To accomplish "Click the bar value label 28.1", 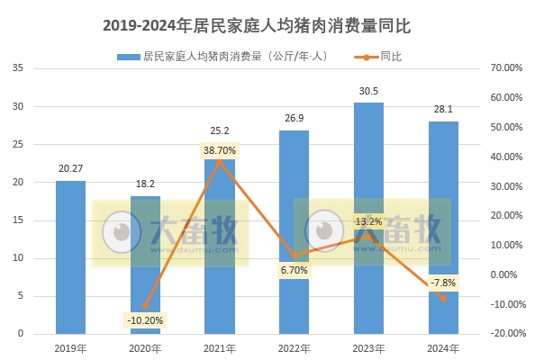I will [443, 110].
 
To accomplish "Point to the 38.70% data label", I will [220, 150].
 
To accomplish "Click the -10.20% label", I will [145, 319].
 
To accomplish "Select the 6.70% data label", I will [294, 270].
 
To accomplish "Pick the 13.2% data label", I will [368, 220].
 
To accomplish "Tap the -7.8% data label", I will [443, 283].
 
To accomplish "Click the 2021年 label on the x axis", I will [220, 347].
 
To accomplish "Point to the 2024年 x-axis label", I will [443, 347].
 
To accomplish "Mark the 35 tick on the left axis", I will [18, 68].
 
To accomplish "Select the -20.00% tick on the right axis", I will [505, 334].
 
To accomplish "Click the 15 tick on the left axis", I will [18, 220].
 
